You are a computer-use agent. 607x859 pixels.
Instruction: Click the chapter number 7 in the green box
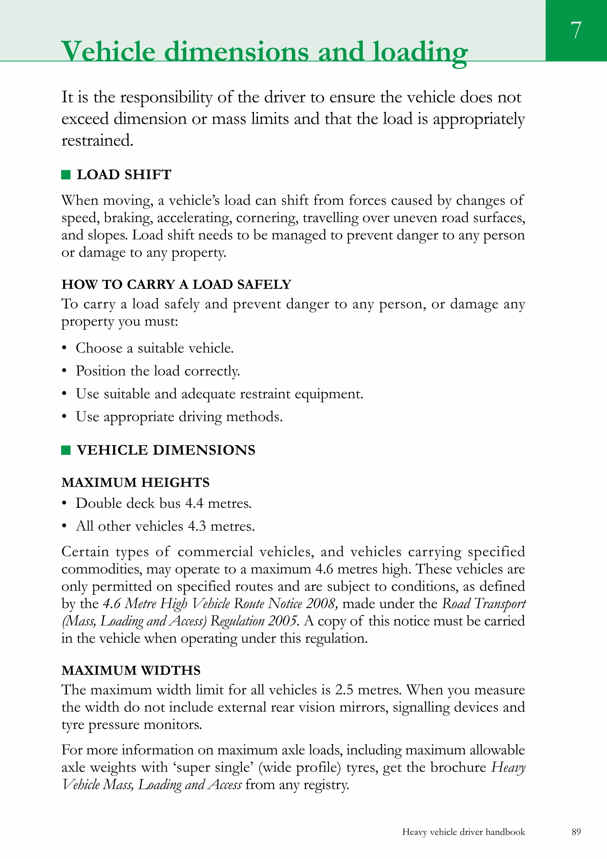pos(576,30)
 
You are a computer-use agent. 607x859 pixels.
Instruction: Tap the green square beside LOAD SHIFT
pos(66,175)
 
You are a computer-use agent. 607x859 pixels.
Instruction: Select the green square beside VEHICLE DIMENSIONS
pos(66,450)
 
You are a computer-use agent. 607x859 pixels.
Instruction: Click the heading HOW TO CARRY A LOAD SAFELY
pos(176,284)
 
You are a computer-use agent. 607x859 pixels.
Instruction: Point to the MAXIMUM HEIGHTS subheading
pos(135,483)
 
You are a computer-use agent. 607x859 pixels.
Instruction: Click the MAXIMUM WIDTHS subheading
pos(131,670)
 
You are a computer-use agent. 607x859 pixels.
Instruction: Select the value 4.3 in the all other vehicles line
pos(197,526)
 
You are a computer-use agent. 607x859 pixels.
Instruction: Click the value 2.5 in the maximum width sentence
pos(344,689)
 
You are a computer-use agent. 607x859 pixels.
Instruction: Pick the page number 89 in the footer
pos(576,832)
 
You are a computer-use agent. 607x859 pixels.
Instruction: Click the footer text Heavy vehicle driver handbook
pos(463,832)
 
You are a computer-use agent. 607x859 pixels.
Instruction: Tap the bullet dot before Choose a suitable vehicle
pos(64,348)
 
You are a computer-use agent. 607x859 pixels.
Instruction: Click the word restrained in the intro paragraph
pos(97,141)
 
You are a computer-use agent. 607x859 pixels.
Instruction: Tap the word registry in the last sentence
pos(325,785)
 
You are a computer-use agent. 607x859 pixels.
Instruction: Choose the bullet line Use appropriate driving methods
pos(179,417)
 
